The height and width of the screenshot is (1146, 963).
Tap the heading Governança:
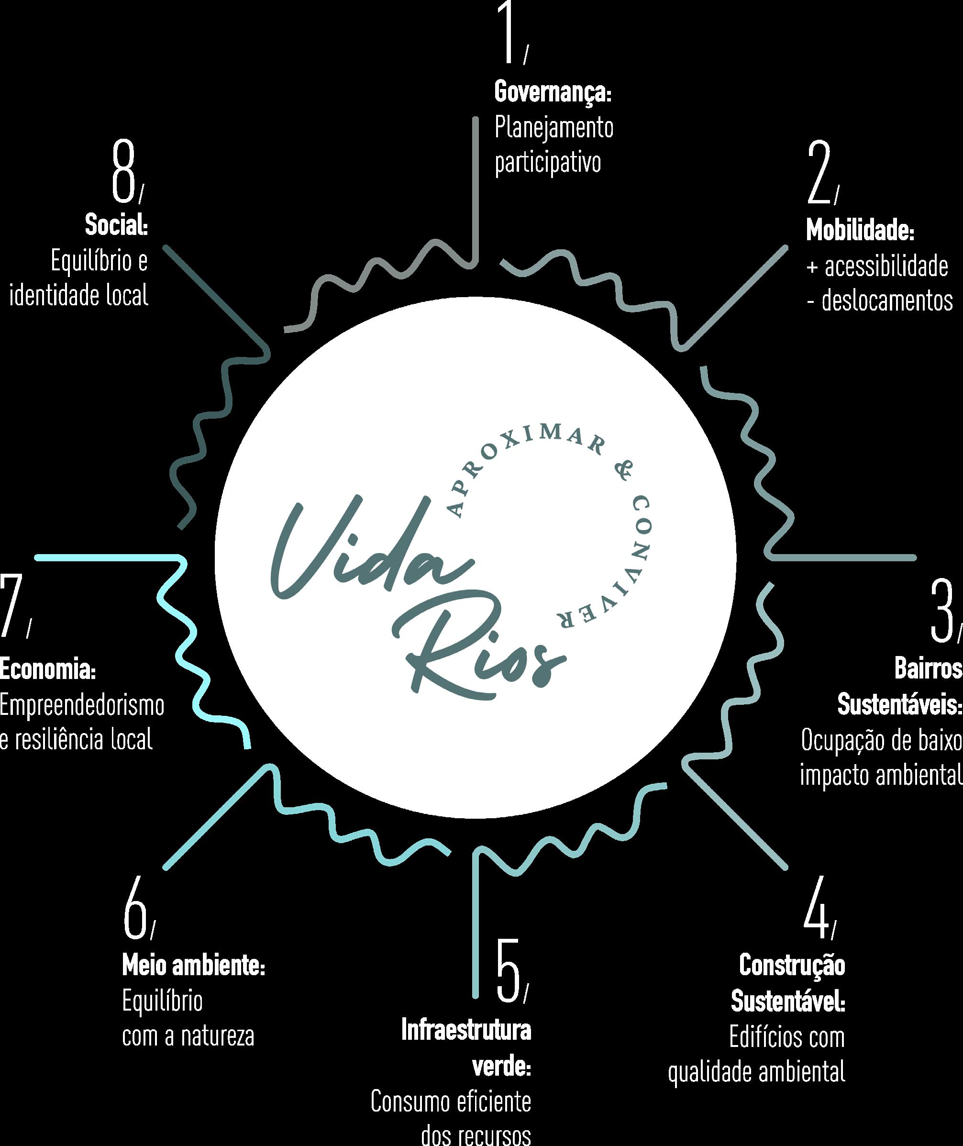click(x=553, y=92)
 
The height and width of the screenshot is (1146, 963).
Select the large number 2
click(x=819, y=174)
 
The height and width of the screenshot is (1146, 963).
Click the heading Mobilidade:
click(x=860, y=232)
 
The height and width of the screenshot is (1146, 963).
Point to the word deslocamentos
click(x=887, y=301)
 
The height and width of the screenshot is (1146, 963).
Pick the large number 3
click(x=941, y=612)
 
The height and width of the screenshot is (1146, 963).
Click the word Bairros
click(x=928, y=668)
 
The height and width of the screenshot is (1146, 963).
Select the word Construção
click(x=792, y=965)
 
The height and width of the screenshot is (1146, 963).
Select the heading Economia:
click(x=48, y=670)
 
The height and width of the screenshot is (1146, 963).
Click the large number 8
click(x=123, y=170)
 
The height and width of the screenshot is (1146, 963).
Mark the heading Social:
click(x=116, y=226)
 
